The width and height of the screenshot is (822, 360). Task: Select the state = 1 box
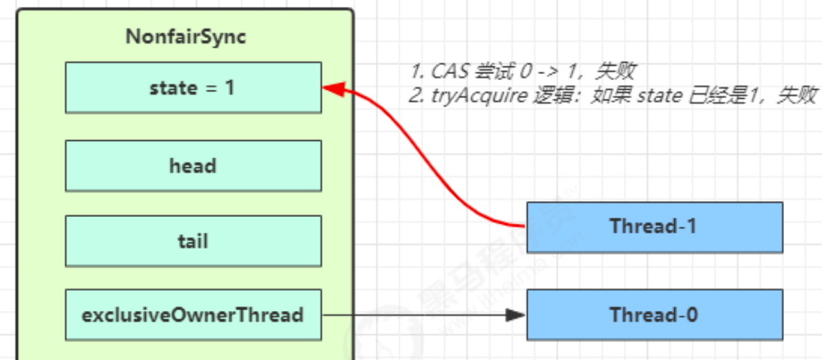pos(193,88)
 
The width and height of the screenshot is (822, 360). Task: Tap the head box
pos(193,166)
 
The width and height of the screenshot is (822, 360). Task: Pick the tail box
pos(193,241)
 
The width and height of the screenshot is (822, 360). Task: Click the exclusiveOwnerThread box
pos(193,315)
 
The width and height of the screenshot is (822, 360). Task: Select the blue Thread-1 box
pos(654,227)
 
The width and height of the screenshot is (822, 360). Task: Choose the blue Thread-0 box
pos(654,315)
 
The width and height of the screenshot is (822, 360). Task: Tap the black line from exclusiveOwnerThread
pos(414,315)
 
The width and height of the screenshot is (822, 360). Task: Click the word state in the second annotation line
pos(657,95)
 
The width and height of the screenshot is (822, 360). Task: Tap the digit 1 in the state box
pos(230,88)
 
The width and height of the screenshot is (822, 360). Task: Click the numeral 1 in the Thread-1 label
pos(693,227)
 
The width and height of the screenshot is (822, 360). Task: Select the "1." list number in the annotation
pos(417,71)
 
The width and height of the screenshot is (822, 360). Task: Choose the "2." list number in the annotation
pos(416,95)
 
